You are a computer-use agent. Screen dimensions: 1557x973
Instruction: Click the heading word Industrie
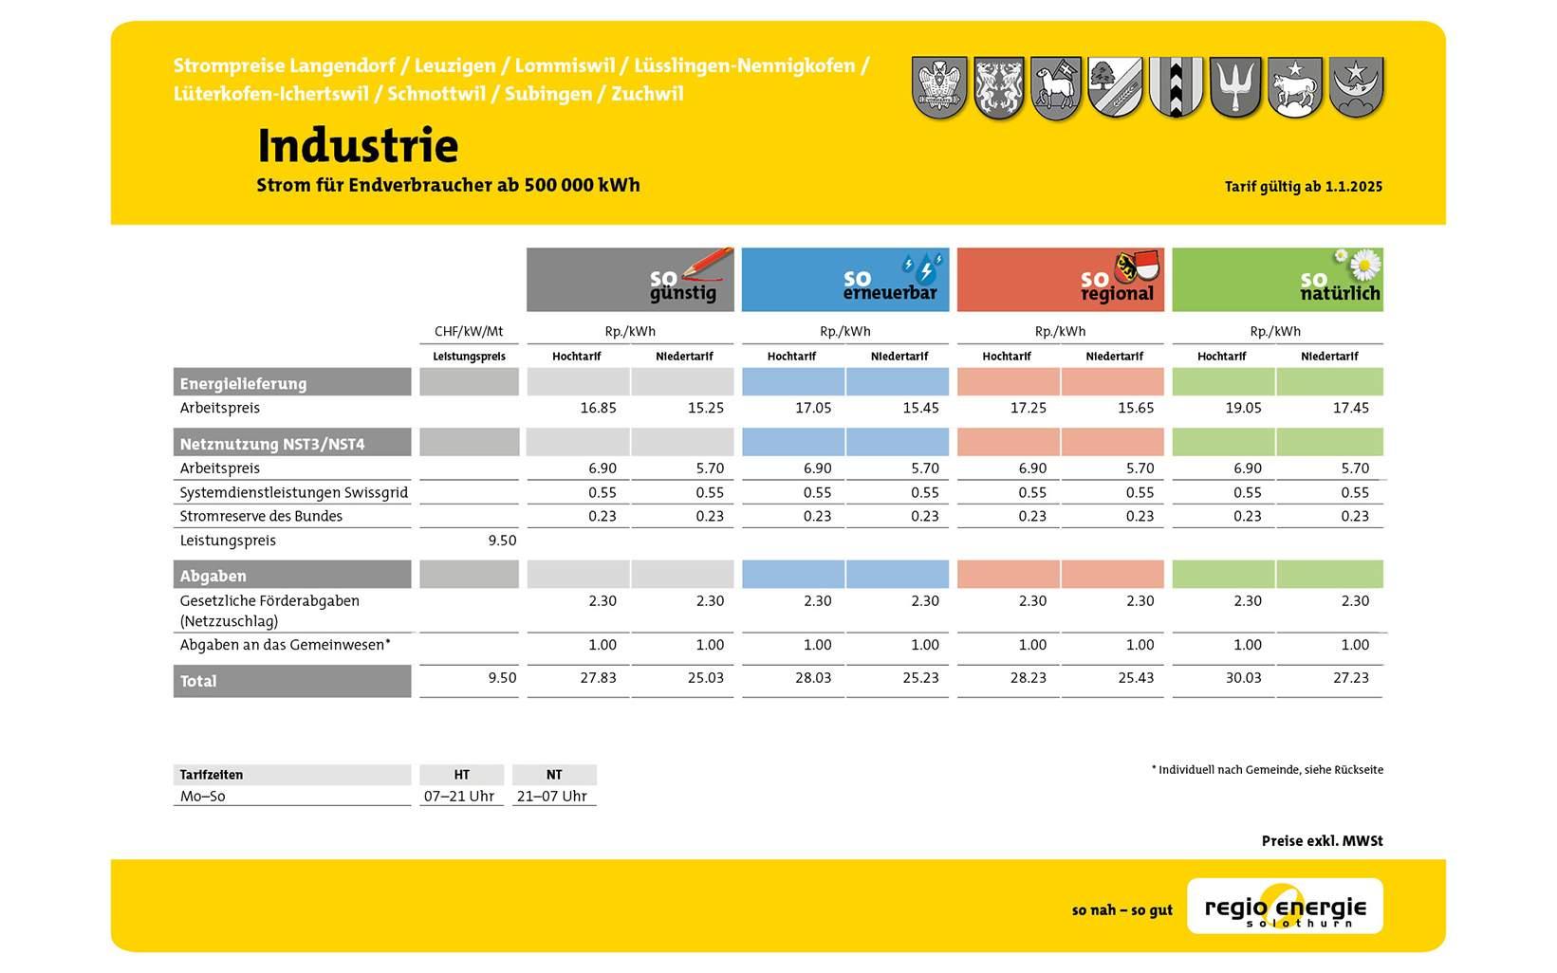358,145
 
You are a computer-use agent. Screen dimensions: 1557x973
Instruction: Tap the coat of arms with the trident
1235,87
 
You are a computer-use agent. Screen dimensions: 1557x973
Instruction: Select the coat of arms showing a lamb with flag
1056,88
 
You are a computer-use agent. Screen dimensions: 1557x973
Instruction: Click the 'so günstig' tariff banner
630,279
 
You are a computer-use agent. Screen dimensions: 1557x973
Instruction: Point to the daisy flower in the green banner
1364,264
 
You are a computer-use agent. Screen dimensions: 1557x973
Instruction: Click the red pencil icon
708,263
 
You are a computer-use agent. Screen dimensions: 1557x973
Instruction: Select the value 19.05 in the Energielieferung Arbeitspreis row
1243,408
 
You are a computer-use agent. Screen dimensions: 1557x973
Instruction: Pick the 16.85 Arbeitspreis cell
598,408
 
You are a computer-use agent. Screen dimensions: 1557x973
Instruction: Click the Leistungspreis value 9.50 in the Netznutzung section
502,541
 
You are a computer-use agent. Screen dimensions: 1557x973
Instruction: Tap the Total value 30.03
1243,678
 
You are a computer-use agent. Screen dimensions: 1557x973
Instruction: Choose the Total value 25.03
706,678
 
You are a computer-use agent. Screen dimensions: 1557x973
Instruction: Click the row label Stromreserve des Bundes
261,516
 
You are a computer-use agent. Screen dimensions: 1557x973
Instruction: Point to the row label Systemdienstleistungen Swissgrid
293,492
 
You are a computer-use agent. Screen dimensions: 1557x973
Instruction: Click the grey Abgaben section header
292,575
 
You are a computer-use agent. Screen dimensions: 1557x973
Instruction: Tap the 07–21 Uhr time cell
459,796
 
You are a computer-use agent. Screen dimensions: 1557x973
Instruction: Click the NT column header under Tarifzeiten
554,775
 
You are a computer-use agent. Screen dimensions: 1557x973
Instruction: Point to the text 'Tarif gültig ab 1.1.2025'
1304,186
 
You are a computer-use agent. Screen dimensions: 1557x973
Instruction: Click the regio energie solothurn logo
1285,907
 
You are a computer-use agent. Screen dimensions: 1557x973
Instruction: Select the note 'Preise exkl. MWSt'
1322,840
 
